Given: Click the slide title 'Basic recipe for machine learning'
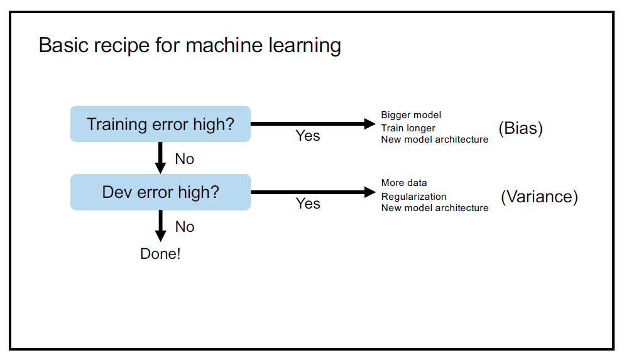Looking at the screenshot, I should click(x=190, y=46).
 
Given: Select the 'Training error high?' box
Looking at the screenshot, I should click(x=160, y=124).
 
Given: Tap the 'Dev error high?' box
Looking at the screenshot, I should click(x=160, y=192).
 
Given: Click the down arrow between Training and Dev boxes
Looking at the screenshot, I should click(x=161, y=157).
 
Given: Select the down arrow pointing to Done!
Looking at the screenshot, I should click(x=161, y=225).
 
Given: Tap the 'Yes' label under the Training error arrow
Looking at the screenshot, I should click(x=308, y=136).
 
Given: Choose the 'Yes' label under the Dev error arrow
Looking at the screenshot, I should click(x=308, y=204).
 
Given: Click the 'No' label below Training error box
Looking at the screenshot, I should click(x=185, y=159).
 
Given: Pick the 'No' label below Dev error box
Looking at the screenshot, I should click(x=185, y=227).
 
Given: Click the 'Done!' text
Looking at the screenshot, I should click(x=160, y=254).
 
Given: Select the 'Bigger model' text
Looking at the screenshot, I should click(x=411, y=115).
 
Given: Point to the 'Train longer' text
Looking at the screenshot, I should click(x=408, y=128).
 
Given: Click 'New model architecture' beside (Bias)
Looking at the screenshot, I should click(x=434, y=139).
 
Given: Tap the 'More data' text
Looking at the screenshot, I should click(x=404, y=183).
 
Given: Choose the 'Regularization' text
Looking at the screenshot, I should click(x=413, y=196).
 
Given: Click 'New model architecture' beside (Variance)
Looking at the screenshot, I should click(x=434, y=208).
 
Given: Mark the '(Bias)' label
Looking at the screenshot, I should click(x=520, y=128).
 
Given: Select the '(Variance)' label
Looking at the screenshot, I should click(x=539, y=197).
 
